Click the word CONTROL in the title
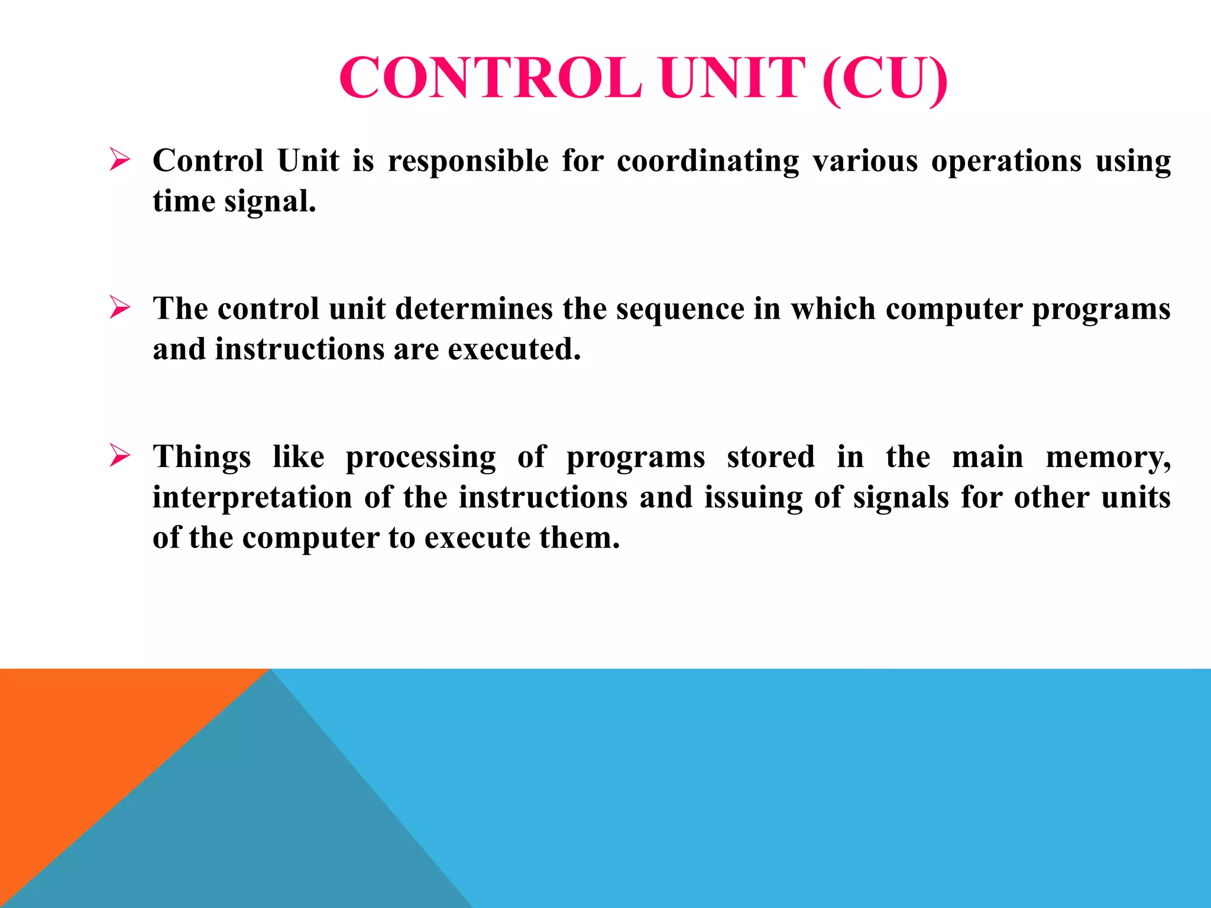tap(490, 79)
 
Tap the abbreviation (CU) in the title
tap(885, 79)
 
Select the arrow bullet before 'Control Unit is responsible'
tap(119, 160)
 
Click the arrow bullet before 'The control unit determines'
tap(119, 308)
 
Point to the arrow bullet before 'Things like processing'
tap(119, 456)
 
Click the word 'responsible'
tap(468, 161)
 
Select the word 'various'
tap(865, 161)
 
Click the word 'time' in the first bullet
tap(184, 202)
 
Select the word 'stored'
tap(770, 457)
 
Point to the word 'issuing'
tap(753, 498)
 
